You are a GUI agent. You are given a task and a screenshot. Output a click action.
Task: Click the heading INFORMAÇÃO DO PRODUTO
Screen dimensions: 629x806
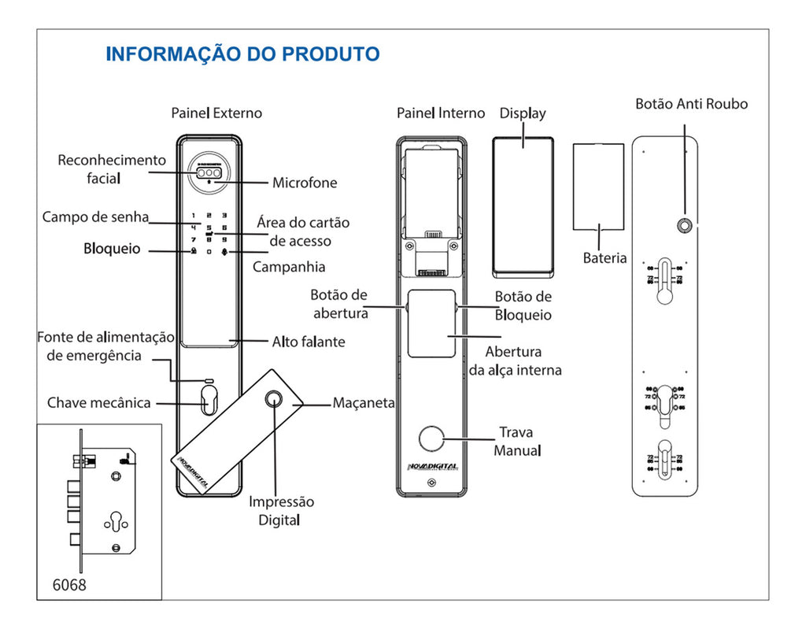pos(242,54)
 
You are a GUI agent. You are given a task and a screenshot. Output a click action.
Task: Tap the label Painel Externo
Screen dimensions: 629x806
pos(216,113)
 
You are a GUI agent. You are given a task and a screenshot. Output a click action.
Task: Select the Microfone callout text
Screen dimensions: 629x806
pos(305,183)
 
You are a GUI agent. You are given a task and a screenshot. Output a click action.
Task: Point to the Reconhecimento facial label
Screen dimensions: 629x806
pos(112,168)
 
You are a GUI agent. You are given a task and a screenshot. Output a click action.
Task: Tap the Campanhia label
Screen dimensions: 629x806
pos(289,267)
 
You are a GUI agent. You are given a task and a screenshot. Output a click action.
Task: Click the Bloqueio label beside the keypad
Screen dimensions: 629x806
pos(112,249)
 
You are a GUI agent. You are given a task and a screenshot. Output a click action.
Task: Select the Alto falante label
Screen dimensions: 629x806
pos(309,342)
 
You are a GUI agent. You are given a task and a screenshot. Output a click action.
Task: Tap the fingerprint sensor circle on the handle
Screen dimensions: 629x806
pos(275,398)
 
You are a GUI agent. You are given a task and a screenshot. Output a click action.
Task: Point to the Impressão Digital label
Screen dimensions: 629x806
pos(281,510)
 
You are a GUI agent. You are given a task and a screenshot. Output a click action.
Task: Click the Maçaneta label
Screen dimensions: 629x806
pos(364,403)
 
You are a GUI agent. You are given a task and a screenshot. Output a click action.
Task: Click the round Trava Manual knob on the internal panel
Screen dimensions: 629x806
pos(431,438)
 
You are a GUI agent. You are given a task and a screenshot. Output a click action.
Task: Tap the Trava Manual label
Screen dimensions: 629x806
pos(517,441)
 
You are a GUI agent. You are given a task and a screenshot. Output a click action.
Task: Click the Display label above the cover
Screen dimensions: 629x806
pos(523,113)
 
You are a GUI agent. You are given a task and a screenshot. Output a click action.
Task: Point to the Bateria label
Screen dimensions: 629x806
pos(604,258)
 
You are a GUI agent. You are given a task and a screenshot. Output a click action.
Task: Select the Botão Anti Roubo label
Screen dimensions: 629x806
pos(691,104)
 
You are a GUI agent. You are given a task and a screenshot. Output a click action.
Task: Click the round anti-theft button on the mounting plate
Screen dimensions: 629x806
pos(685,226)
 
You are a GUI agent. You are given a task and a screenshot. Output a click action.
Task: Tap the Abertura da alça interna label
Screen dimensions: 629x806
pos(515,361)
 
